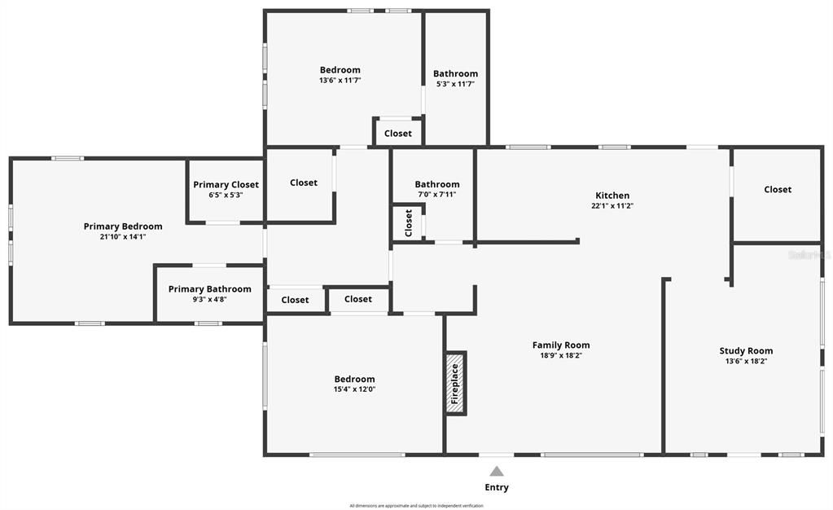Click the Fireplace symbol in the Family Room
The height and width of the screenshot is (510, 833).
click(455, 383)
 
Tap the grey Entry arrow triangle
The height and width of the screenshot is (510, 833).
click(497, 471)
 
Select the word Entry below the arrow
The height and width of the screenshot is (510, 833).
click(497, 487)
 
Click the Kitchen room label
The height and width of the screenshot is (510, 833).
click(612, 196)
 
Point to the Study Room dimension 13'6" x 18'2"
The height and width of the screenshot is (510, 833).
click(746, 361)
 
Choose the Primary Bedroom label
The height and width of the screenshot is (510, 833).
click(123, 226)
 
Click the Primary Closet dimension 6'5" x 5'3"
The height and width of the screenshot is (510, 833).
click(226, 195)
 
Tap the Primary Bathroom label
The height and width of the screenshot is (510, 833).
click(209, 289)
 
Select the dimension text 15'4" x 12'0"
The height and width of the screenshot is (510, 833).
click(354, 389)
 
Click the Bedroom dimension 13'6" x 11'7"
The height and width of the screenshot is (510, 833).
click(340, 81)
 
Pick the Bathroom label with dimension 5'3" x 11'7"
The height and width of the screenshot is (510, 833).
click(455, 73)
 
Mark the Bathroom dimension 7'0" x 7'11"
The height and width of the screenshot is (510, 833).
click(436, 194)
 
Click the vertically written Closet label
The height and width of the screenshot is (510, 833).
click(409, 222)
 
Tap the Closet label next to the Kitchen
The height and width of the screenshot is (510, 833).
click(778, 189)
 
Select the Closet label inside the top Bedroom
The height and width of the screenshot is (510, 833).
click(398, 134)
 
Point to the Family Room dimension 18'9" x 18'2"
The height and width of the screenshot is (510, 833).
click(561, 355)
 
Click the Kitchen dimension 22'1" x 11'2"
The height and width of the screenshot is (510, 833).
click(612, 206)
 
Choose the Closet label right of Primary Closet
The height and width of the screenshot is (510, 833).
click(304, 182)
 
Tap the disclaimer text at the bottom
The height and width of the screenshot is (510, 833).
click(416, 505)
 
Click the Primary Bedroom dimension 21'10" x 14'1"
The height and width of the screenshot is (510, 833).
click(123, 236)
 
